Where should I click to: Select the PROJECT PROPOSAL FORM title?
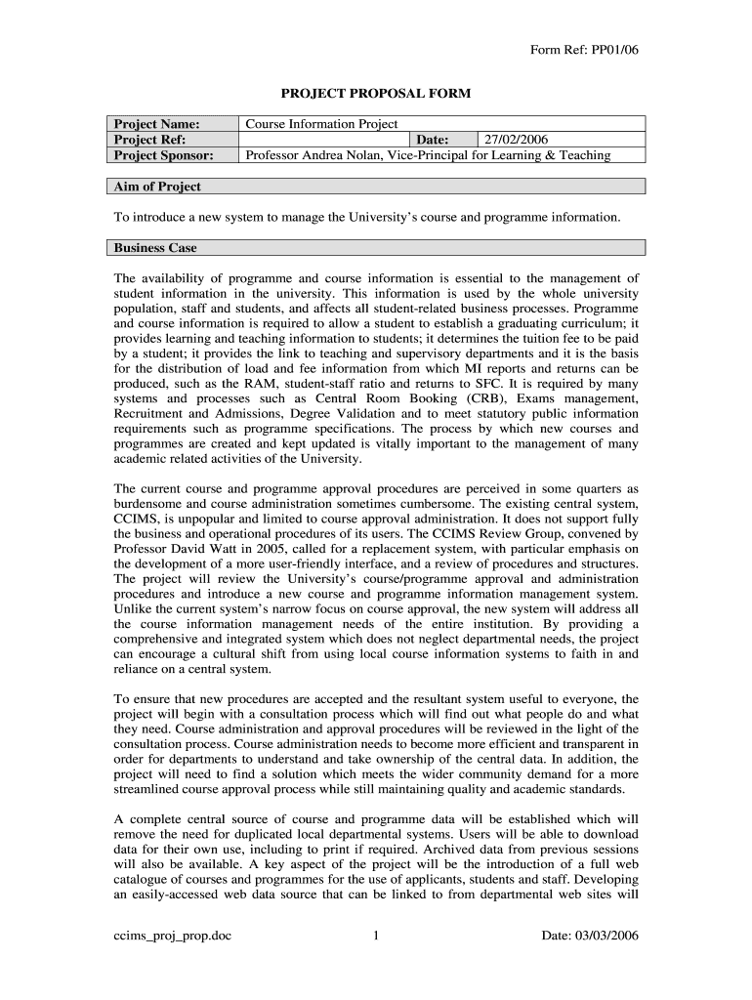coord(376,94)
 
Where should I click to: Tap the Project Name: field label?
coord(157,124)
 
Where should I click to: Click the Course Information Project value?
coord(321,124)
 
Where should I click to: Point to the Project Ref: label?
coord(150,140)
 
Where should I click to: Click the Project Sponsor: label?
coord(163,154)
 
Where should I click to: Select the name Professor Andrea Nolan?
coord(313,154)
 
